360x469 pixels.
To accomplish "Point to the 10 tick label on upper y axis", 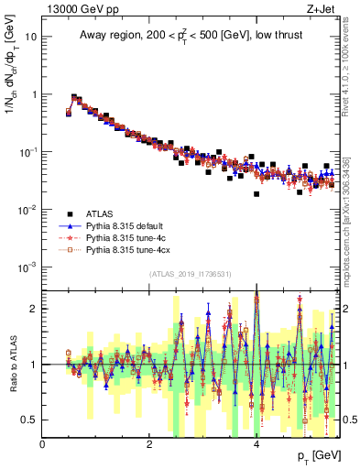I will [x=31, y=37].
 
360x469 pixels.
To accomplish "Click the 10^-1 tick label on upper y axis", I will [x=28, y=151].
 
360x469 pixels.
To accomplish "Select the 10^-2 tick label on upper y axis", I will [x=28, y=209].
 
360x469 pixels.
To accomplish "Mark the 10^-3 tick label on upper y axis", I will [x=28, y=267].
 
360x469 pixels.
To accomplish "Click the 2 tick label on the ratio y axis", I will [x=34, y=309].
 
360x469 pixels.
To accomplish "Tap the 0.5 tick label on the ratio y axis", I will [x=30, y=420].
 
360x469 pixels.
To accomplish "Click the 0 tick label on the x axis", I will [x=43, y=444].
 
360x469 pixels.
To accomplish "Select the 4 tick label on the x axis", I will [x=256, y=444].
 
